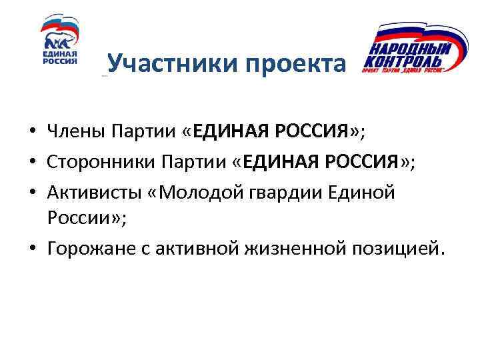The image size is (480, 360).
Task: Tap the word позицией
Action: pos(396,249)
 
